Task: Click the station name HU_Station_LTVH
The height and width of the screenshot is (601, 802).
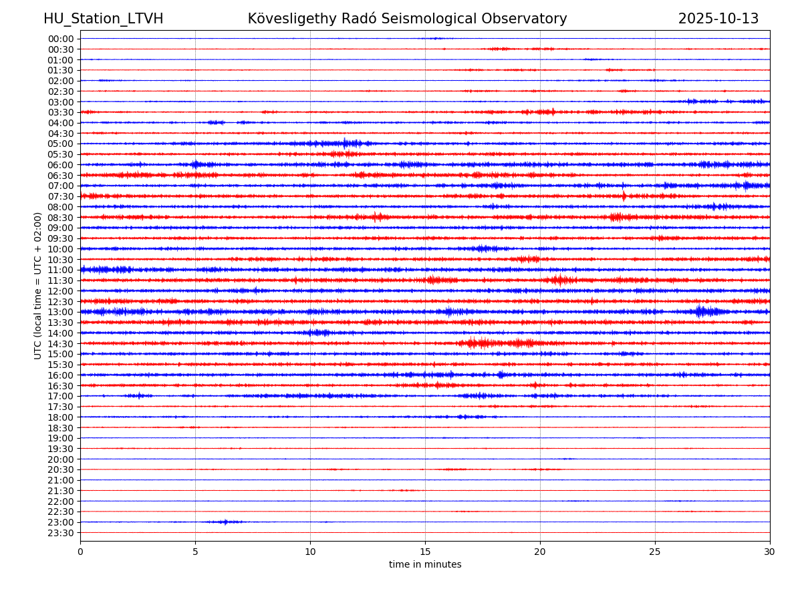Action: (x=103, y=19)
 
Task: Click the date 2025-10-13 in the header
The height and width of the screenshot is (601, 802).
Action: (x=718, y=19)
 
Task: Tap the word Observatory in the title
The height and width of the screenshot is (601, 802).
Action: (x=531, y=19)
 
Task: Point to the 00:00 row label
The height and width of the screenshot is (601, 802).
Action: (x=61, y=39)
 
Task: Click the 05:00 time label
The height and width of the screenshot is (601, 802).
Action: (x=61, y=144)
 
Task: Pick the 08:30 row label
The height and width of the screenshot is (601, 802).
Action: (x=61, y=218)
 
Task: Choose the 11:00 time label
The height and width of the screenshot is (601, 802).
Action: (x=61, y=270)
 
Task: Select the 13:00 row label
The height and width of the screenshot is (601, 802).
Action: (x=61, y=312)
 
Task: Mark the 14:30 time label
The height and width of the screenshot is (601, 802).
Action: (x=61, y=344)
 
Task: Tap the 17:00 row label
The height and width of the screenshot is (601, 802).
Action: (x=61, y=396)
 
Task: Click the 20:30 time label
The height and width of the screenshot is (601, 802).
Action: (x=61, y=470)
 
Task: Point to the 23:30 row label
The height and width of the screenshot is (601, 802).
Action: (x=61, y=533)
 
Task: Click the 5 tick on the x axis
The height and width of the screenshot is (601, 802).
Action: (x=195, y=552)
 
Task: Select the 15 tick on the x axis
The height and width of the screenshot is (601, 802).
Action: (x=425, y=552)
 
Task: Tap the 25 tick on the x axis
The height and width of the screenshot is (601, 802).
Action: (x=655, y=552)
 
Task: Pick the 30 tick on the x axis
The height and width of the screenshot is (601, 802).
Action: (x=770, y=552)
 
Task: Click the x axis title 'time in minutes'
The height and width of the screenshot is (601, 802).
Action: (x=425, y=565)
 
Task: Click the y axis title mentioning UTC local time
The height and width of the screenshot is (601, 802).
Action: (x=38, y=286)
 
